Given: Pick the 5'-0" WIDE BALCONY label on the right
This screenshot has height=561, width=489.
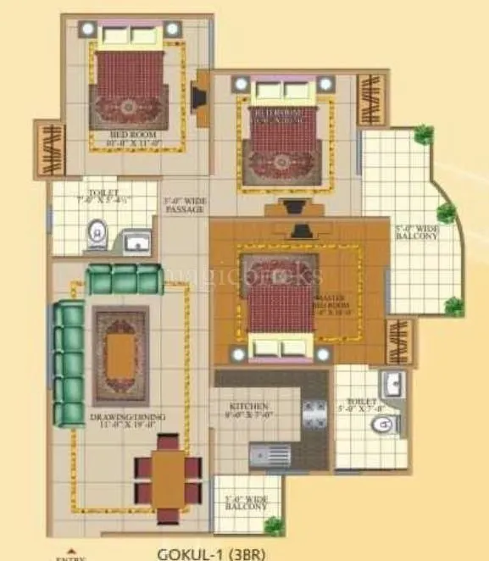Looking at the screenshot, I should pyautogui.click(x=416, y=232).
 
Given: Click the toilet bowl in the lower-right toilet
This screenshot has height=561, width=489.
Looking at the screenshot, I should pyautogui.click(x=379, y=425).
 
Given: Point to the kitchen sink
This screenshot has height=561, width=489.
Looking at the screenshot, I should pyautogui.click(x=270, y=456).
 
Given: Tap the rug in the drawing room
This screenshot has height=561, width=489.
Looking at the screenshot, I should pyautogui.click(x=121, y=346).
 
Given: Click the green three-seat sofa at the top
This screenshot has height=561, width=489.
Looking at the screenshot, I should pyautogui.click(x=125, y=279).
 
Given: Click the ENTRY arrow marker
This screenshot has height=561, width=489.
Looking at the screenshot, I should pyautogui.click(x=69, y=553).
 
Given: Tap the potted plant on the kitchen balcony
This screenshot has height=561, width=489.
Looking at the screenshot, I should pyautogui.click(x=273, y=525).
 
